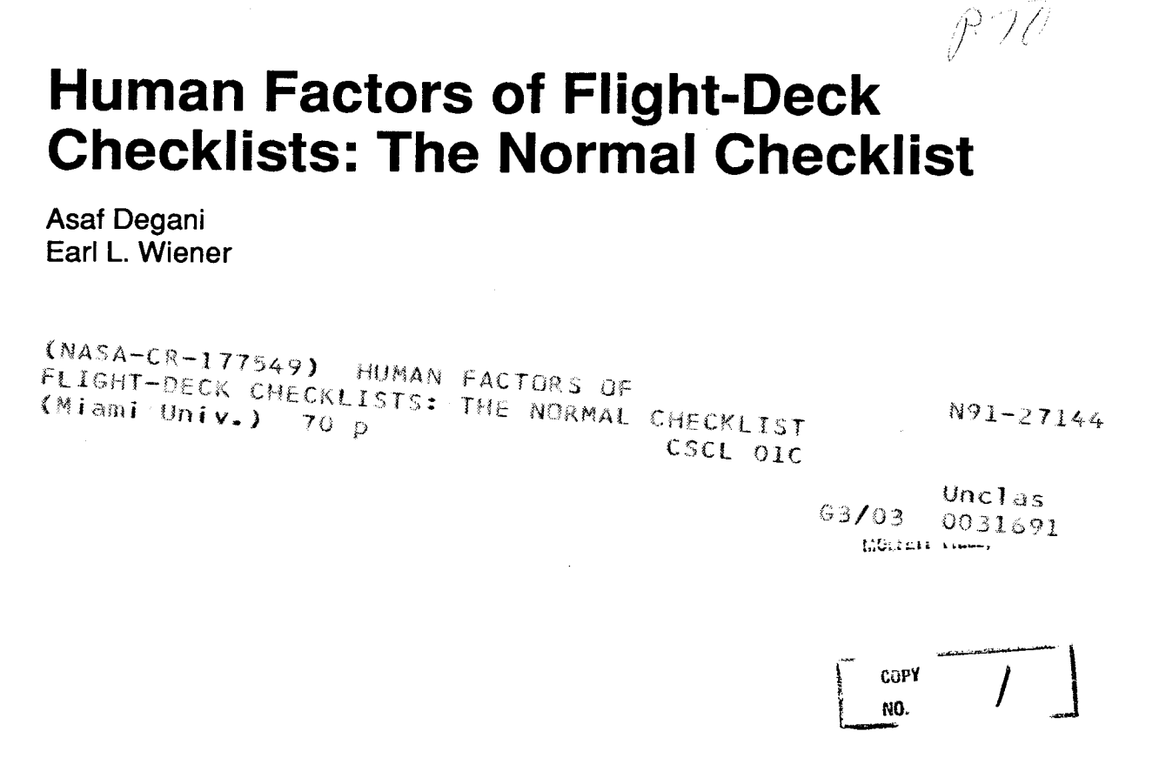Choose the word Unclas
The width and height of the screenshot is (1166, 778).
coord(993,497)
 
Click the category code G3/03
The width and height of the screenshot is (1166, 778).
coord(856,520)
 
